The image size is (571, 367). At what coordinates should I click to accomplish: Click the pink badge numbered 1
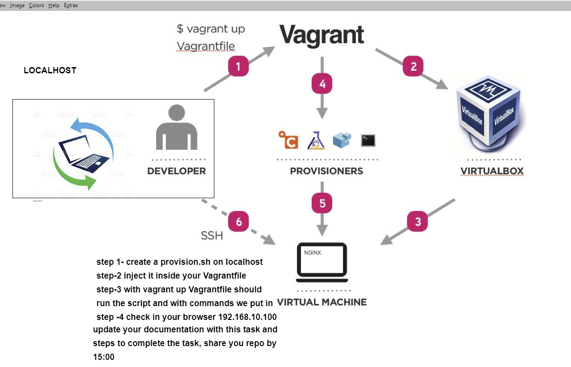(x=238, y=66)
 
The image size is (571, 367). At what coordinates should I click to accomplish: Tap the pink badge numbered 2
(x=413, y=66)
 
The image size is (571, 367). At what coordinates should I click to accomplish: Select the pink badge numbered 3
(x=418, y=221)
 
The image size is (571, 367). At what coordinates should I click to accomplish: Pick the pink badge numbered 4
(x=322, y=84)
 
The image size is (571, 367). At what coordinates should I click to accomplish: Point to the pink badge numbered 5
(x=322, y=203)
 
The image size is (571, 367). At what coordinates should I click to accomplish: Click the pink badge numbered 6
(x=238, y=221)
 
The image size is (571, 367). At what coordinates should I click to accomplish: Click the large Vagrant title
(x=322, y=35)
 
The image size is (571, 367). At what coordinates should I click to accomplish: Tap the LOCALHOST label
(x=50, y=70)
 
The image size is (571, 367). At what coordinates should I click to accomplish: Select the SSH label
(x=212, y=235)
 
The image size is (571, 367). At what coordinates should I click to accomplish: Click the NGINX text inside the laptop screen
(x=313, y=253)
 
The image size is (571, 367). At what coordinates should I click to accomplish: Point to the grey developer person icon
(x=177, y=127)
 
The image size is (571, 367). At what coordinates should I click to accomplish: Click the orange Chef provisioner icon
(x=289, y=140)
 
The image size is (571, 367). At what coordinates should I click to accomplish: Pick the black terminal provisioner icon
(x=368, y=140)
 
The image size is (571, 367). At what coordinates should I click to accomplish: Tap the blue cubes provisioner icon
(x=342, y=140)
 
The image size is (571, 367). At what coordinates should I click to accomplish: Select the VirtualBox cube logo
(x=489, y=114)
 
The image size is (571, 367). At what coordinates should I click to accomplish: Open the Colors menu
(x=36, y=5)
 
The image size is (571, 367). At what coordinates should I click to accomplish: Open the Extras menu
(x=71, y=5)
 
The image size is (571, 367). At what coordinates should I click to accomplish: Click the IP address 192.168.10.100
(x=248, y=317)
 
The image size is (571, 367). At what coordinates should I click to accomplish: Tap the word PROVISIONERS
(x=326, y=171)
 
